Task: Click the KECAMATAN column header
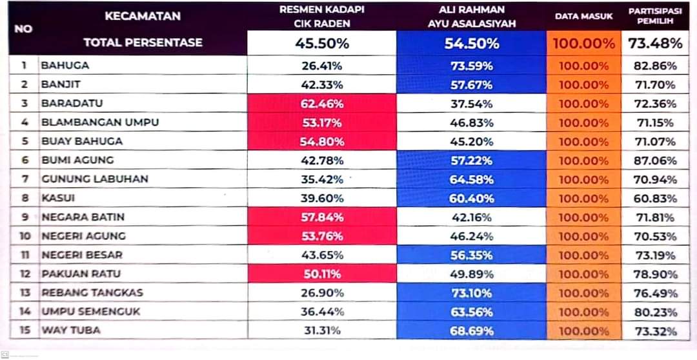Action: (143, 16)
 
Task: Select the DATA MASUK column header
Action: (583, 16)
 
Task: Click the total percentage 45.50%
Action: (322, 44)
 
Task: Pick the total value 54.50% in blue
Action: (471, 44)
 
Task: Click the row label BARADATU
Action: (72, 103)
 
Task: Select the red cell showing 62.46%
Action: (322, 103)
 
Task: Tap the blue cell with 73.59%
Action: (471, 66)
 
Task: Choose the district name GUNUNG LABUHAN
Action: (94, 179)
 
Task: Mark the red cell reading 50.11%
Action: (322, 274)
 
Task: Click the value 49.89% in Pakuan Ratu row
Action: (471, 274)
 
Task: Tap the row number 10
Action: (25, 236)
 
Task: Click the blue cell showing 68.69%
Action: (471, 331)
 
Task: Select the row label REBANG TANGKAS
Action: (92, 293)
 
